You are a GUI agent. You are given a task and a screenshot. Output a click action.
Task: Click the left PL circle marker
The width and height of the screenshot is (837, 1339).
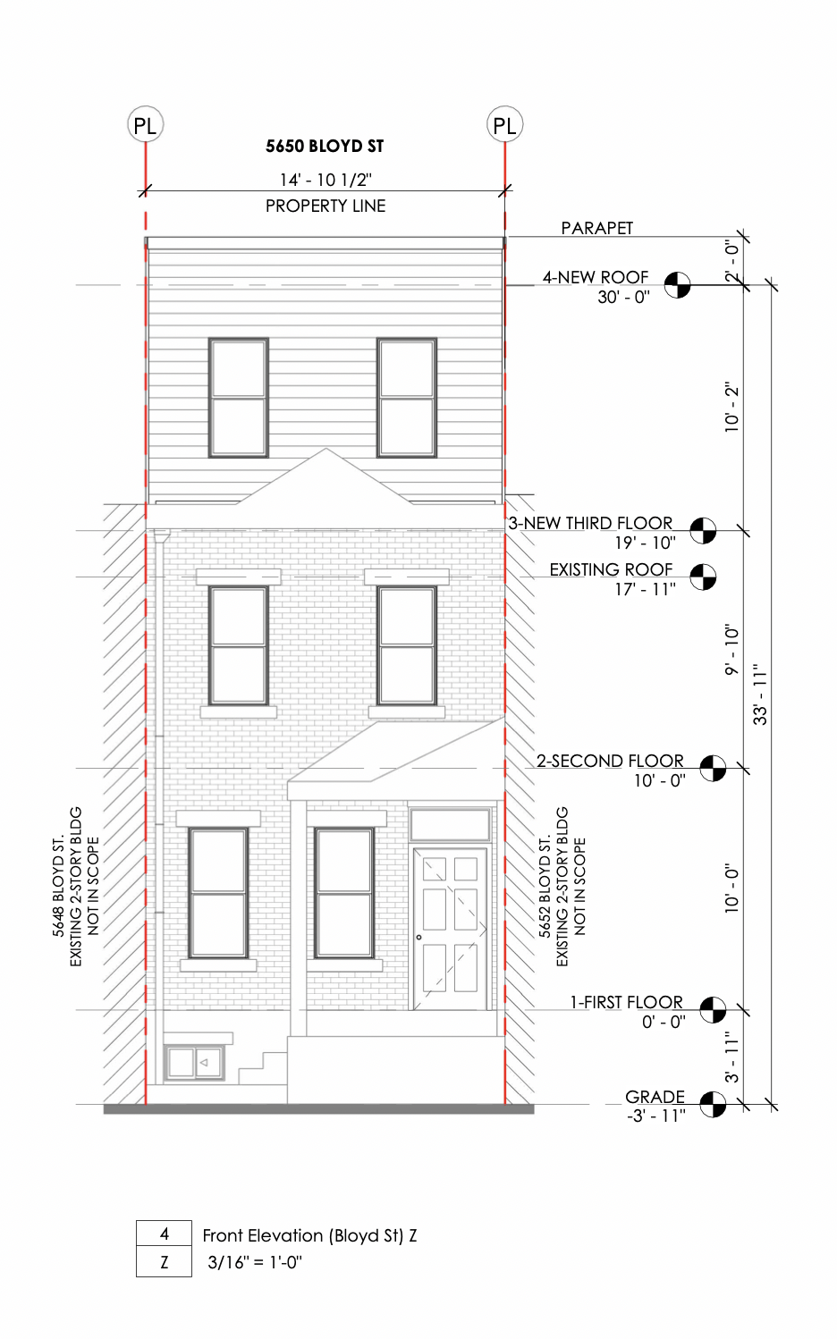[x=145, y=125]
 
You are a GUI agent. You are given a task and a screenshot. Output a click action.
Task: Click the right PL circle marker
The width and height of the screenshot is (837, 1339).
[x=504, y=125]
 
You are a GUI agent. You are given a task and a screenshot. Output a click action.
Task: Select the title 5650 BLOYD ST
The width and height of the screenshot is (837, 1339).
[x=325, y=146]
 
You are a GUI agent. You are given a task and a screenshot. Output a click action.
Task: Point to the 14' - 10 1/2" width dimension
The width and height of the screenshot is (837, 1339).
[x=325, y=180]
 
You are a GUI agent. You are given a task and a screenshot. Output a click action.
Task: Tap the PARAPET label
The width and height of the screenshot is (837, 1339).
[x=596, y=228]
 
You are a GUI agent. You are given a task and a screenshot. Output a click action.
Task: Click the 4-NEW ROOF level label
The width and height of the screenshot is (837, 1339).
[x=595, y=277]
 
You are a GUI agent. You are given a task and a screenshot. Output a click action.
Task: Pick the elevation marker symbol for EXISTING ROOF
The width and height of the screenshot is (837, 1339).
[x=703, y=577]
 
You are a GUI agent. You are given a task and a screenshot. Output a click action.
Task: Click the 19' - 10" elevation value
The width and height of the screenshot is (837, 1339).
[x=645, y=543]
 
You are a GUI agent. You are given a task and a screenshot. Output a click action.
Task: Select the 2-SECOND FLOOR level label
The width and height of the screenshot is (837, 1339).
[x=610, y=761]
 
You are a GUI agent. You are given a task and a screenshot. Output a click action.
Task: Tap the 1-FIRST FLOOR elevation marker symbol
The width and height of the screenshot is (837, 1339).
[x=712, y=1010]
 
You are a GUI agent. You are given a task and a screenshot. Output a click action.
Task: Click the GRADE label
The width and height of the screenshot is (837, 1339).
[x=655, y=1096]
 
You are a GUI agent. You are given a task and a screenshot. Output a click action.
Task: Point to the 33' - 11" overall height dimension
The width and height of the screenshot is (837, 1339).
[x=760, y=694]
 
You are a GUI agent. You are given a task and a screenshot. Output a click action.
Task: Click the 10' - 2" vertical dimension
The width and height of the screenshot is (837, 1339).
[x=732, y=408]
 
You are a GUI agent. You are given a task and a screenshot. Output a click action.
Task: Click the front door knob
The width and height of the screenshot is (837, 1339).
[x=419, y=937]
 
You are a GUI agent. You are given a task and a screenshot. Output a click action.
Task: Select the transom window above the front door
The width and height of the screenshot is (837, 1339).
[x=450, y=824]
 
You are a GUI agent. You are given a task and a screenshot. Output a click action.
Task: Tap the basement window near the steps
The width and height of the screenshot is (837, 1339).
[x=194, y=1063]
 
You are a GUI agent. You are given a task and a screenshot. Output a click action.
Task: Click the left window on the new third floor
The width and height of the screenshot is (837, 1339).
[x=238, y=398]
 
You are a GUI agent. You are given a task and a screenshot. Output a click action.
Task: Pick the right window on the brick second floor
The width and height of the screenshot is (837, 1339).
[x=406, y=645]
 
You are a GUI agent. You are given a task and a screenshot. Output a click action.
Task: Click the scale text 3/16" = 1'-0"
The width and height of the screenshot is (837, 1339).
[x=255, y=1262]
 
